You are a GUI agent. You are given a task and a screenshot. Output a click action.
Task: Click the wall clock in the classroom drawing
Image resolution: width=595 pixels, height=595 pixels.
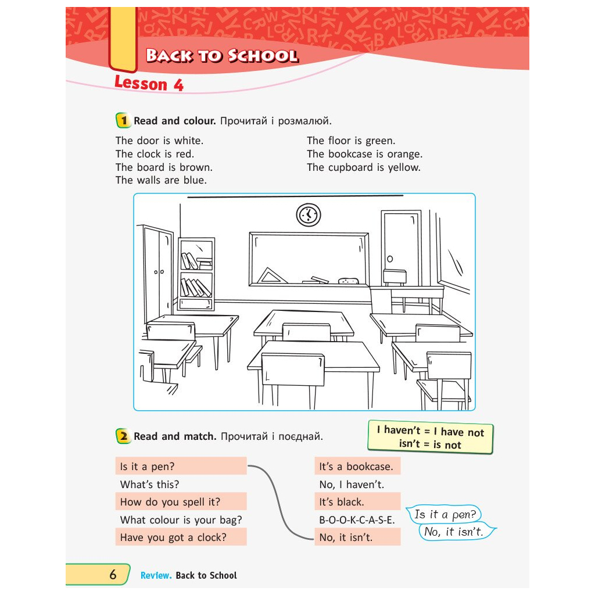(308, 215)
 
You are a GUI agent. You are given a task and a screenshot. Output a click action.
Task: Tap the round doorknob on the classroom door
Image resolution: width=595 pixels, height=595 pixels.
(390, 259)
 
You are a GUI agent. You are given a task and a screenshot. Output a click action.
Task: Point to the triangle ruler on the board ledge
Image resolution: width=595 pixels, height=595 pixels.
(272, 275)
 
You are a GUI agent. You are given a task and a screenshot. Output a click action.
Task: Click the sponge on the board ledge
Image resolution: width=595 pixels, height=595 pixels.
(349, 281)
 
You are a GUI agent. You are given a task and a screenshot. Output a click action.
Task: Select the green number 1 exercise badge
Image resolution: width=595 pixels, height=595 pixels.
(123, 121)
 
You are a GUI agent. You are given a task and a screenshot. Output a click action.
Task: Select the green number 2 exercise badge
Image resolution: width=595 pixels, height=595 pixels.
(123, 436)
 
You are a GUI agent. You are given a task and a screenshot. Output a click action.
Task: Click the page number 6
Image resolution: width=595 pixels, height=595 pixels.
(113, 575)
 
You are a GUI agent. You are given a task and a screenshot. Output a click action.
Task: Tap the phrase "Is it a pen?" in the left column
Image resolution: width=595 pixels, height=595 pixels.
(147, 467)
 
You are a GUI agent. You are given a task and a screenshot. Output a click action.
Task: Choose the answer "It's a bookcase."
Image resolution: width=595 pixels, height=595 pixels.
(356, 467)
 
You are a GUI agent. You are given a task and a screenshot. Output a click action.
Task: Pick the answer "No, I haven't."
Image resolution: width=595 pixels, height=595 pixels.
(352, 485)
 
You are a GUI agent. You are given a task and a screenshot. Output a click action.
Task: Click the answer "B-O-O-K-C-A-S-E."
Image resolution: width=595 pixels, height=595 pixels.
(357, 520)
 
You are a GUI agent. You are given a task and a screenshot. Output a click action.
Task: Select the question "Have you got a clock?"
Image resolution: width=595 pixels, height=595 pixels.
(173, 537)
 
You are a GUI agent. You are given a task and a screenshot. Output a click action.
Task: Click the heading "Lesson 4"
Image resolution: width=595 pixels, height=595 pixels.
(149, 84)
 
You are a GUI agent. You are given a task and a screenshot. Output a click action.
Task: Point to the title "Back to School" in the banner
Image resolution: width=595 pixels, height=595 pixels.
(222, 56)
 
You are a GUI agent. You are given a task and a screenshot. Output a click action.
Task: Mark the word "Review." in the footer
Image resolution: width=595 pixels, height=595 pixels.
(156, 575)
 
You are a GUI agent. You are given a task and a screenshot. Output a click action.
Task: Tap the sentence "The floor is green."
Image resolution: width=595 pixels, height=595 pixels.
(351, 141)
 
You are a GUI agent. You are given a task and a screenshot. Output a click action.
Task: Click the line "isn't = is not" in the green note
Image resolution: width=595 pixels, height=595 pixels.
(430, 445)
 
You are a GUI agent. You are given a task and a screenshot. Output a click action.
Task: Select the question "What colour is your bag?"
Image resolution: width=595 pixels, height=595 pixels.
(181, 520)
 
